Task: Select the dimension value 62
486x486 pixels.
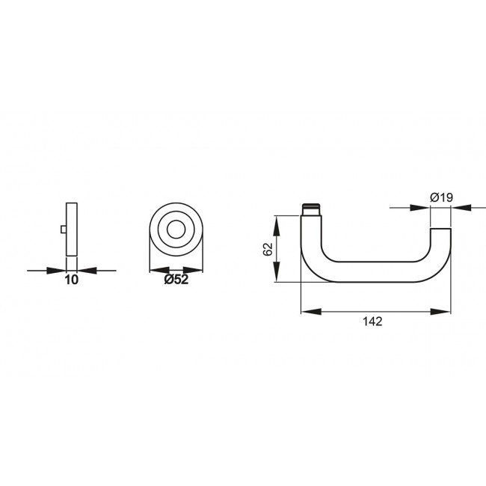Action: pyautogui.click(x=267, y=249)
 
